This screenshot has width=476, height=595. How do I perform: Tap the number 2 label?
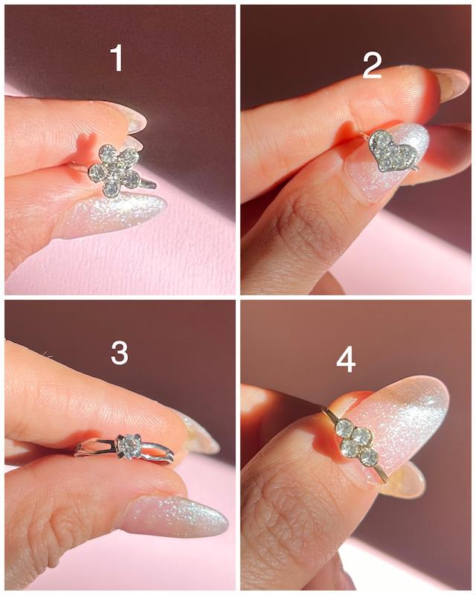coord(372,65)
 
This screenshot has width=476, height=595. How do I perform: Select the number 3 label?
coord(119,353)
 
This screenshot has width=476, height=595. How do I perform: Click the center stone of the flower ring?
coord(115,171)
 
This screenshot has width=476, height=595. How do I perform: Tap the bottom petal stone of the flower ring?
coord(111,188)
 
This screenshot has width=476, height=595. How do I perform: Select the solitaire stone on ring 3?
coord(130,446)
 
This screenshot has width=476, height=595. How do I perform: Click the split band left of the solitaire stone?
coord(97,448)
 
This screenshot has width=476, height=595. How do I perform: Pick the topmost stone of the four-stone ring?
coord(344,428)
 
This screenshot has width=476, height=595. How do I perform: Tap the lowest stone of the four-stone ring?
coord(369,457)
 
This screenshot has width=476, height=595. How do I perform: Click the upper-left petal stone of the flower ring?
coord(108,153)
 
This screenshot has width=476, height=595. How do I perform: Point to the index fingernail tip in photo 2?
coord(453,84)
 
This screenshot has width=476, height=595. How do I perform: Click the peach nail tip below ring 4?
coord(406,480)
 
